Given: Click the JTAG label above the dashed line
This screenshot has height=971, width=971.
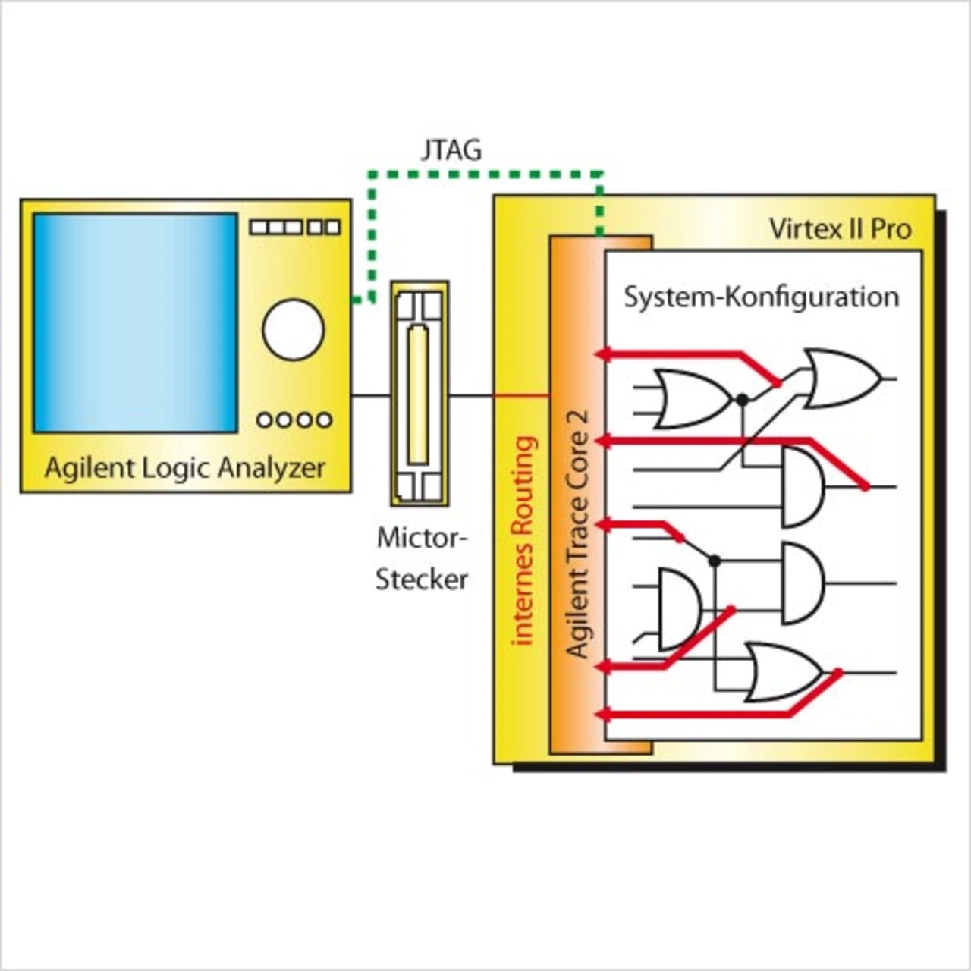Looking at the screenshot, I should click(x=451, y=149).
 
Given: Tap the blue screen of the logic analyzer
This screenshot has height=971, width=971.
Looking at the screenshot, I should click(x=135, y=323).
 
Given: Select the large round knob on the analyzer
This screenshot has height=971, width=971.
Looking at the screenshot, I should click(x=293, y=329).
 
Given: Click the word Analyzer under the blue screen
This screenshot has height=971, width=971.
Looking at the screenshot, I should click(x=271, y=467).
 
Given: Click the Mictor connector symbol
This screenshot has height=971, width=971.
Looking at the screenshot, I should click(x=420, y=394).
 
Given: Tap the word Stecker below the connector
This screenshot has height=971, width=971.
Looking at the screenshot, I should click(x=422, y=580).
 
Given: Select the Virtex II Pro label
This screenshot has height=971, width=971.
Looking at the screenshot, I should click(x=839, y=228).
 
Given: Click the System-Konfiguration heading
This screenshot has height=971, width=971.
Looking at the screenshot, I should click(x=761, y=296).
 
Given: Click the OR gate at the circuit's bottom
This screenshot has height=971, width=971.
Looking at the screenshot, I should click(x=783, y=672).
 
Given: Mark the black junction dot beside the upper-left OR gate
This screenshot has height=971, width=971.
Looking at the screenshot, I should click(x=743, y=399).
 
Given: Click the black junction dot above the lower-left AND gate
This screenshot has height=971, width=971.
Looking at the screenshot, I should click(x=714, y=561).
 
